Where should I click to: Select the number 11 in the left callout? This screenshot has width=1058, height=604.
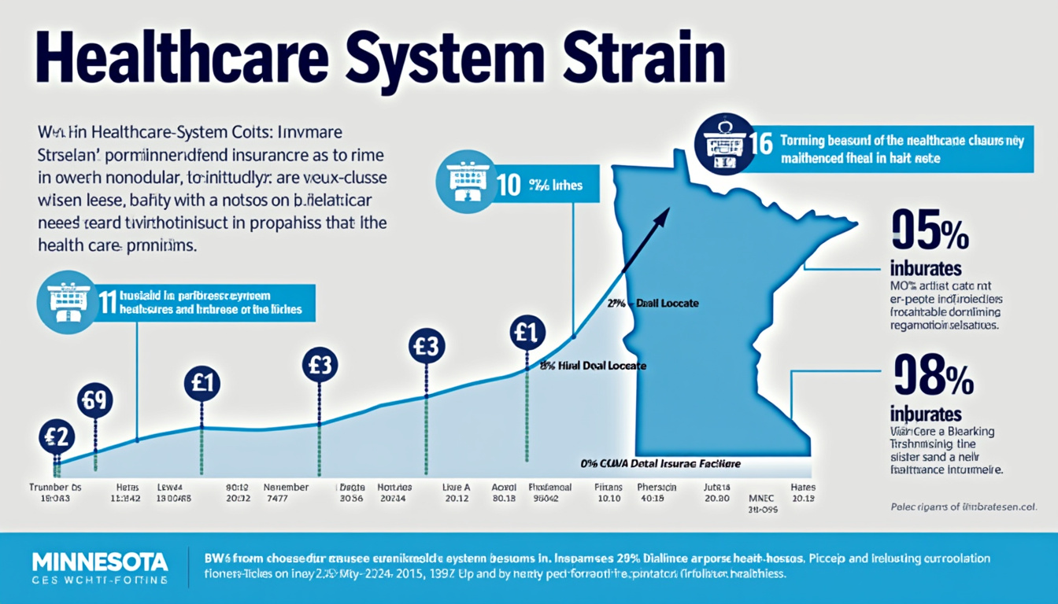tap(107, 303)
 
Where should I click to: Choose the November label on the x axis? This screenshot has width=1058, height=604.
tap(284, 487)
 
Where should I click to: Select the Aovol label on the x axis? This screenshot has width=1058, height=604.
tap(503, 487)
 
